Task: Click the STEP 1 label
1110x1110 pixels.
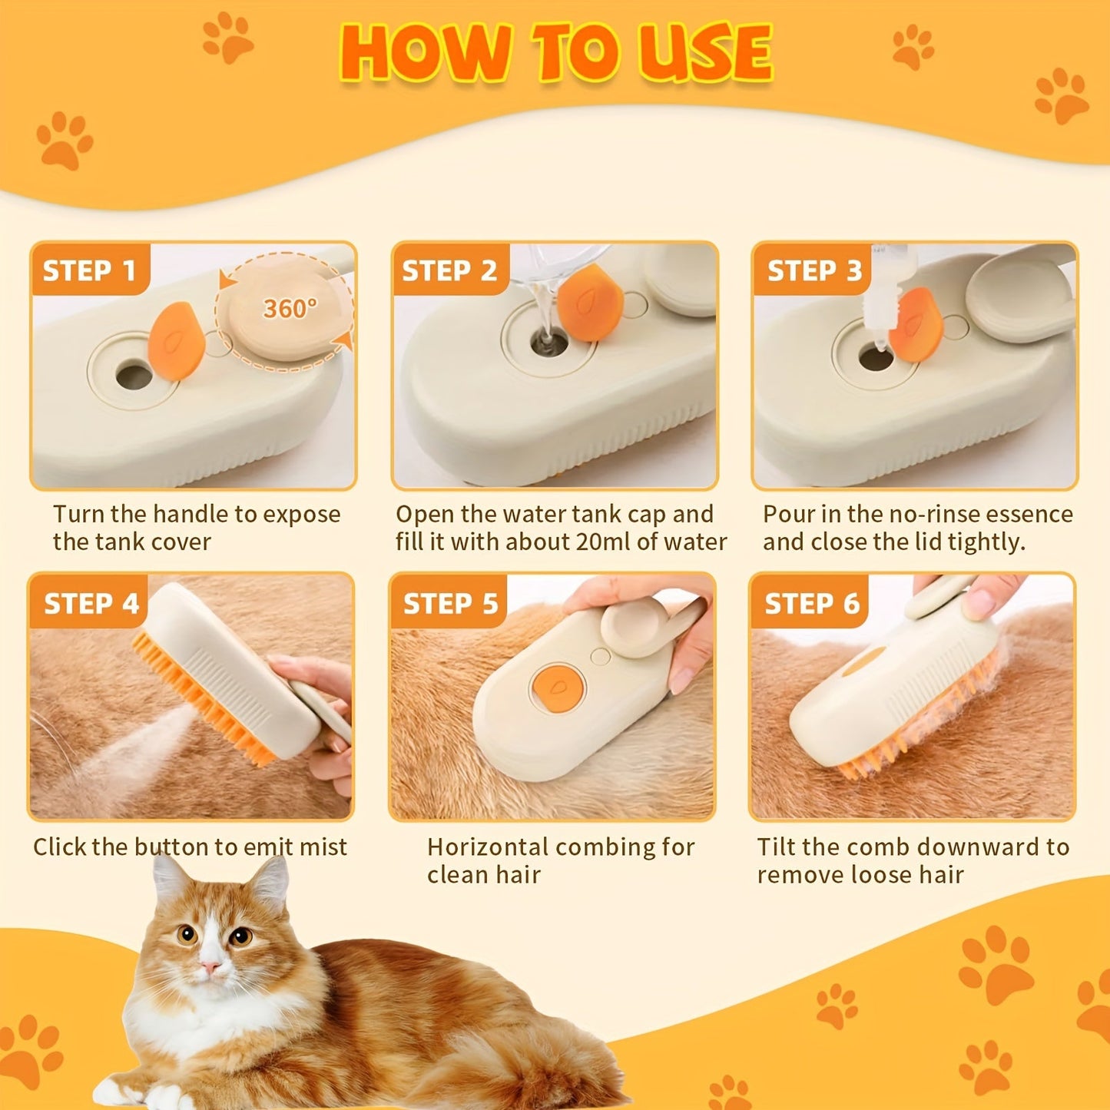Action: coord(89,270)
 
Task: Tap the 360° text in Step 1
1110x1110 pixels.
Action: coord(290,309)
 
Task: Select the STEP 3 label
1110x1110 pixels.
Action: coord(814,270)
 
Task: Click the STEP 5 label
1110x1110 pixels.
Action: coord(451,604)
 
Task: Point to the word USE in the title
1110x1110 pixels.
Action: coord(705,53)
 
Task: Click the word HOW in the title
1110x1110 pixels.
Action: coord(425,53)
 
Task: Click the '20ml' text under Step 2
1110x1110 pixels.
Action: coord(603,542)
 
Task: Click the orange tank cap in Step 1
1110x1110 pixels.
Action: coord(177,341)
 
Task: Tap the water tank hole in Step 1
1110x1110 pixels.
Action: coord(134,376)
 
